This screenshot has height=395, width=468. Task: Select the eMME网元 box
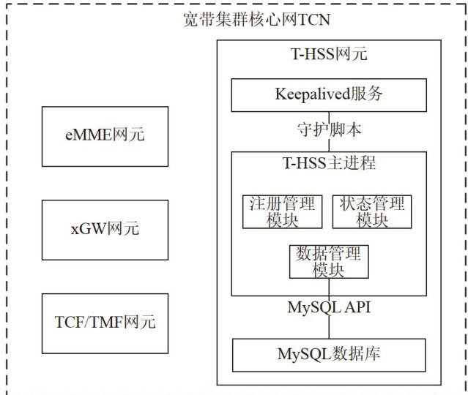pyautogui.click(x=105, y=135)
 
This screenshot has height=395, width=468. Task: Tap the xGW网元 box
pyautogui.click(x=105, y=228)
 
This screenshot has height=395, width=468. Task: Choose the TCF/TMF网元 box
pyautogui.click(x=105, y=321)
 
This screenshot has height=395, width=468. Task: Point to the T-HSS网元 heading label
pyautogui.click(x=329, y=54)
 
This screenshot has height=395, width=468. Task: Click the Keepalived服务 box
pyautogui.click(x=329, y=94)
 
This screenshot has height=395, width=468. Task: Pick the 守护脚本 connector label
pyautogui.click(x=329, y=130)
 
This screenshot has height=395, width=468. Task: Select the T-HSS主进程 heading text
pyautogui.click(x=329, y=162)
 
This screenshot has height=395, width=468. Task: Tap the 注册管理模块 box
pyautogui.click(x=282, y=211)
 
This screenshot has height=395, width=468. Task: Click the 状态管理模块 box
pyautogui.click(x=371, y=211)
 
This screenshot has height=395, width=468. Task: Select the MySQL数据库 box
pyautogui.click(x=329, y=355)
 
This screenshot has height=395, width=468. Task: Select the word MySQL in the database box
pyautogui.click(x=305, y=355)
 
